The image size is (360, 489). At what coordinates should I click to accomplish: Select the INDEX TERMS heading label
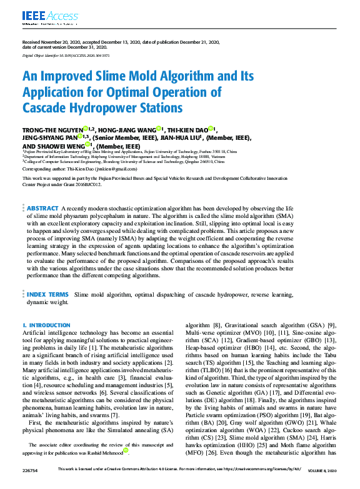[47, 294]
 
